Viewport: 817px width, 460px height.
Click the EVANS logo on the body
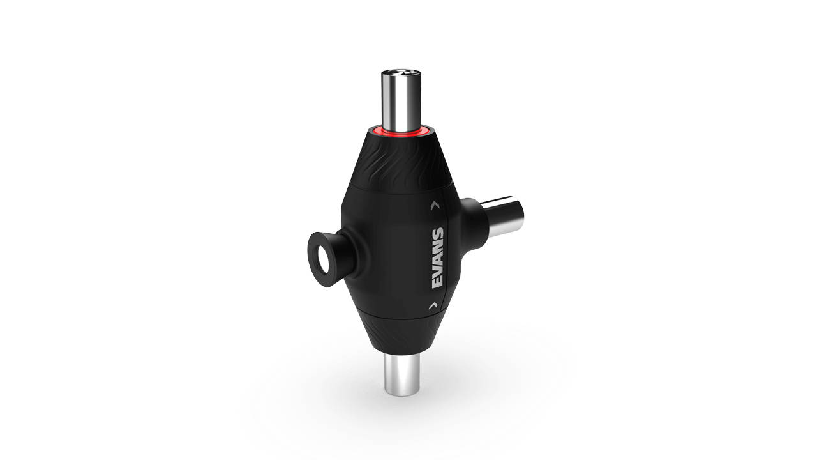point(438,258)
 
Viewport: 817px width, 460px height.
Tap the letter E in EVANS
point(438,283)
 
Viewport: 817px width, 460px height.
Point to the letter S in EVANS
point(438,233)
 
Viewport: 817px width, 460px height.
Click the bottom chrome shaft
point(401,374)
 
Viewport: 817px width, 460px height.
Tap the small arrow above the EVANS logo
point(434,205)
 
